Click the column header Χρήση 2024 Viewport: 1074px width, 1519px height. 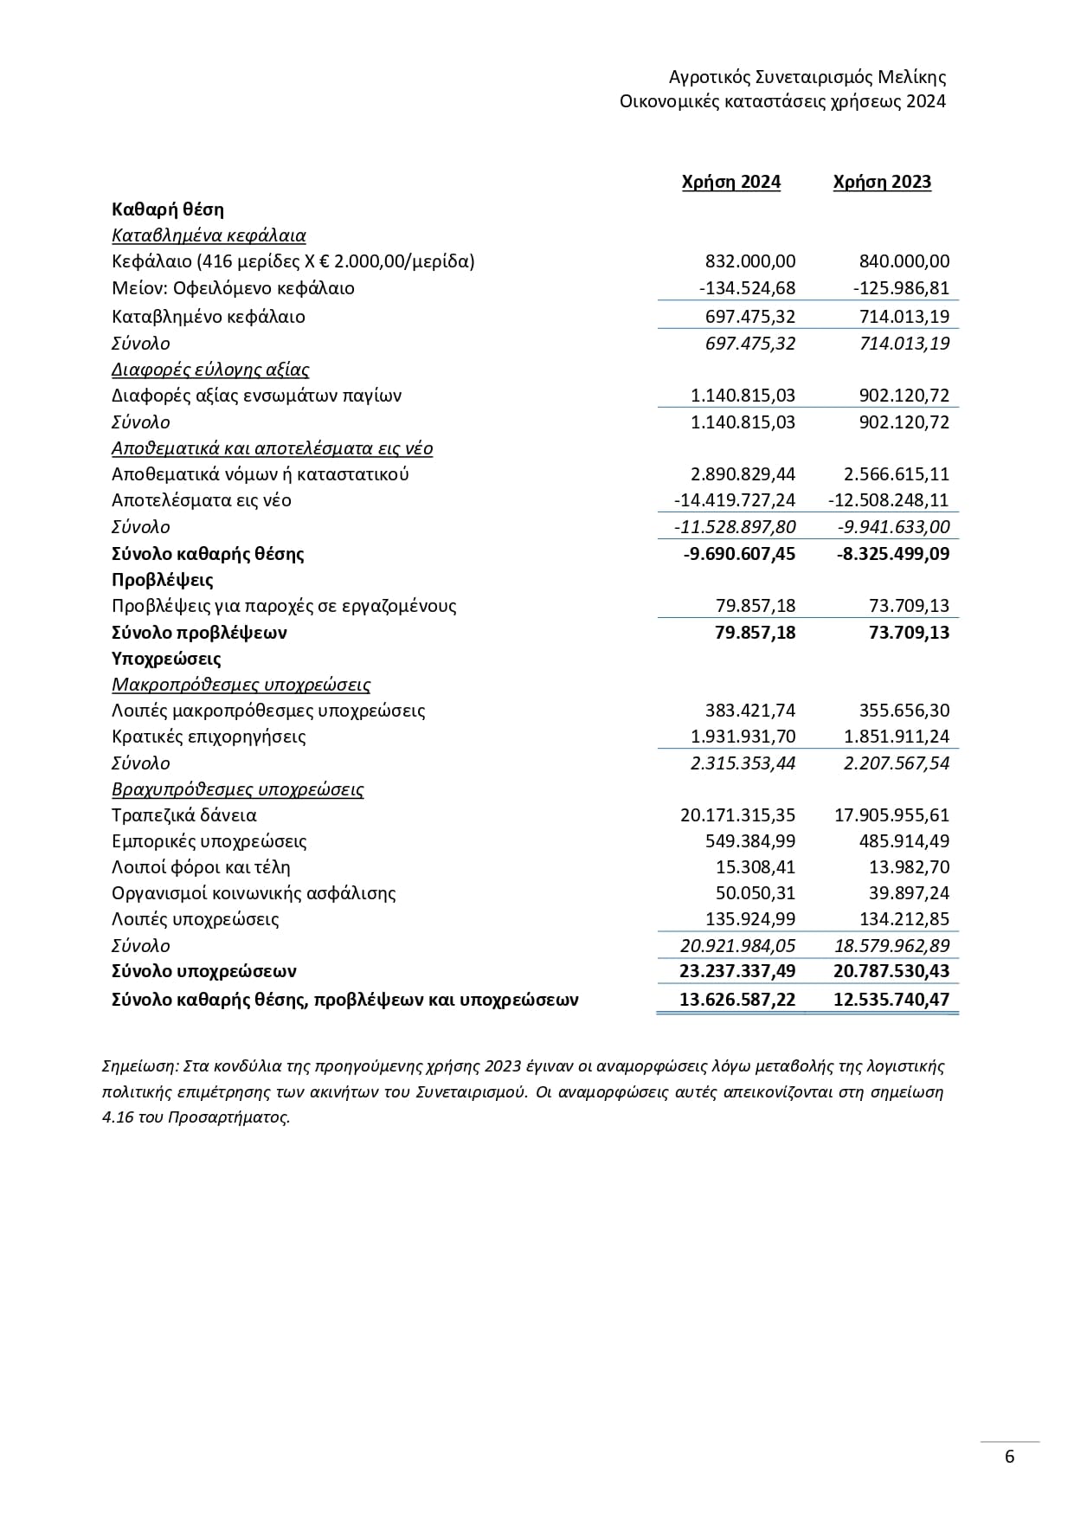tap(730, 182)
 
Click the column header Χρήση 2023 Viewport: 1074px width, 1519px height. tap(882, 182)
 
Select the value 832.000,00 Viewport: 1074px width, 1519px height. tap(750, 261)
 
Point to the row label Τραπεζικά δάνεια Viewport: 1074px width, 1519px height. tap(184, 815)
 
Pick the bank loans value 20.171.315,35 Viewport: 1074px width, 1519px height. tap(737, 815)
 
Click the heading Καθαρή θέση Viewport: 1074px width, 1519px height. tap(168, 209)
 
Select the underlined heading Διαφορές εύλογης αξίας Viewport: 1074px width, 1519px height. tap(210, 370)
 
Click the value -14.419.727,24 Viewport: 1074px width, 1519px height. tap(734, 500)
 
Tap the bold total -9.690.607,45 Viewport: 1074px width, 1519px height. tap(739, 554)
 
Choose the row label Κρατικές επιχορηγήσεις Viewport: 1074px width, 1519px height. tap(209, 737)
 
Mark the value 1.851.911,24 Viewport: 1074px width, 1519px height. tap(897, 737)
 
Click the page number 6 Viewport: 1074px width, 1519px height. tap(1010, 1457)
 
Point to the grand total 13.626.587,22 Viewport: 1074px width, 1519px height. tap(737, 1001)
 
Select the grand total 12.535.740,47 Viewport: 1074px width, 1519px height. tap(891, 1001)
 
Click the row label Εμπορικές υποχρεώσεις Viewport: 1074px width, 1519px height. tap(209, 841)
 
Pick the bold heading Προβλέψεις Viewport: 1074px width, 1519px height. tap(163, 580)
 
